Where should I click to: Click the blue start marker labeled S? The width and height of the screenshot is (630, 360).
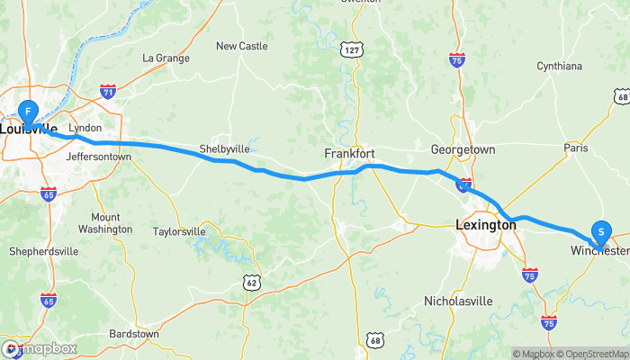pyautogui.click(x=600, y=231)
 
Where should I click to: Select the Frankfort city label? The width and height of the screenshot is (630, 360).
pyautogui.click(x=349, y=154)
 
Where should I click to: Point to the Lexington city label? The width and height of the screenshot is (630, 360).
pyautogui.click(x=486, y=226)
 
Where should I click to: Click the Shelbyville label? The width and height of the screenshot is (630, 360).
pyautogui.click(x=223, y=148)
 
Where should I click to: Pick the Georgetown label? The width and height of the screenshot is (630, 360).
pyautogui.click(x=463, y=148)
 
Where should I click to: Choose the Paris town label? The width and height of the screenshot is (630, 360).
pyautogui.click(x=575, y=147)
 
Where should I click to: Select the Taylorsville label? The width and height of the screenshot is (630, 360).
pyautogui.click(x=180, y=231)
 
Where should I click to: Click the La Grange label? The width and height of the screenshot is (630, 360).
pyautogui.click(x=166, y=58)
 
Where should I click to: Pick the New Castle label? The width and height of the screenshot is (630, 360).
pyautogui.click(x=241, y=46)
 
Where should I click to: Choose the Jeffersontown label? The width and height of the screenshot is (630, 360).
pyautogui.click(x=99, y=157)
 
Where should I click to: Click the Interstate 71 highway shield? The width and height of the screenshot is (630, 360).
pyautogui.click(x=108, y=92)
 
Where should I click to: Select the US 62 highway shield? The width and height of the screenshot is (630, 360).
pyautogui.click(x=251, y=283)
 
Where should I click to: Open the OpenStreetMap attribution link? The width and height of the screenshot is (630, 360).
pyautogui.click(x=591, y=354)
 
